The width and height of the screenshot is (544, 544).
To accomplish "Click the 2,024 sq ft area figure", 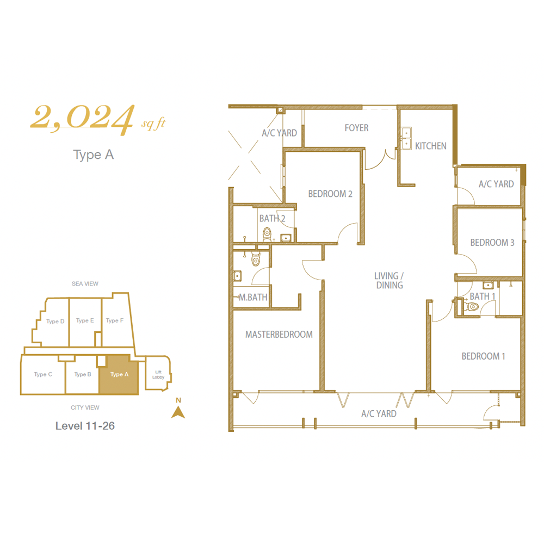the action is coord(98,119).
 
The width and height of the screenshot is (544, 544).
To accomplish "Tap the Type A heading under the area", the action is coord(94,154).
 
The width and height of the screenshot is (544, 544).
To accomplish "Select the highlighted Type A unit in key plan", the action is coord(119,374).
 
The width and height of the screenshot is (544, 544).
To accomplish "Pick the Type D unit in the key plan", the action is coord(55,322).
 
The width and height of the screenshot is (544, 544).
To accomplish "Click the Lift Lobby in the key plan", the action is coord(158,374).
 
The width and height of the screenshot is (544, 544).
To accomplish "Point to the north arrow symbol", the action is coord(178,412).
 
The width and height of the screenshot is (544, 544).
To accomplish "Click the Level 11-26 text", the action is coord(85,426).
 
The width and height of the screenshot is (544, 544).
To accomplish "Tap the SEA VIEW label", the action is coord(85,284).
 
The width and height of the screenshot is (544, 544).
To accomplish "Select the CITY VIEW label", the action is coord(85,407).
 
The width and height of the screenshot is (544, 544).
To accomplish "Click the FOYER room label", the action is coord(357,128).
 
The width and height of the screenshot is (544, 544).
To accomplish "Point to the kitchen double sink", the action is coord(406,138).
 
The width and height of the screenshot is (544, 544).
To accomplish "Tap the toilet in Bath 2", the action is coord(267,234).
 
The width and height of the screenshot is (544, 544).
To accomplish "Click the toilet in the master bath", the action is coord(256,258).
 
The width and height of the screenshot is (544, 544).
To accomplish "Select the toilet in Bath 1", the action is coord(470,306).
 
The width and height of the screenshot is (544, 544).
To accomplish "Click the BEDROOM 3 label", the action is coord(492,243).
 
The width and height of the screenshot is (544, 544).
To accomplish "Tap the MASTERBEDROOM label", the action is coord(279,335).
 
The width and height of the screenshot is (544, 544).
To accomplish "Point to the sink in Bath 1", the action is coord(488,285).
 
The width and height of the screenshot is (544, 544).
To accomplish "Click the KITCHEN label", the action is coord(431,146).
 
